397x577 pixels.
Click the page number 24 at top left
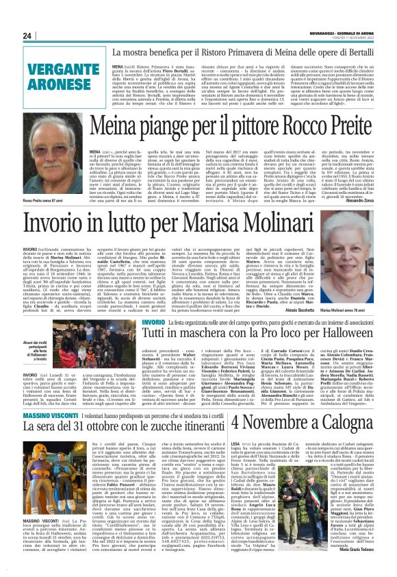(x=27, y=36)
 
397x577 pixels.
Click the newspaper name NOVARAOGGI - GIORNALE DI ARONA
(x=342, y=34)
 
